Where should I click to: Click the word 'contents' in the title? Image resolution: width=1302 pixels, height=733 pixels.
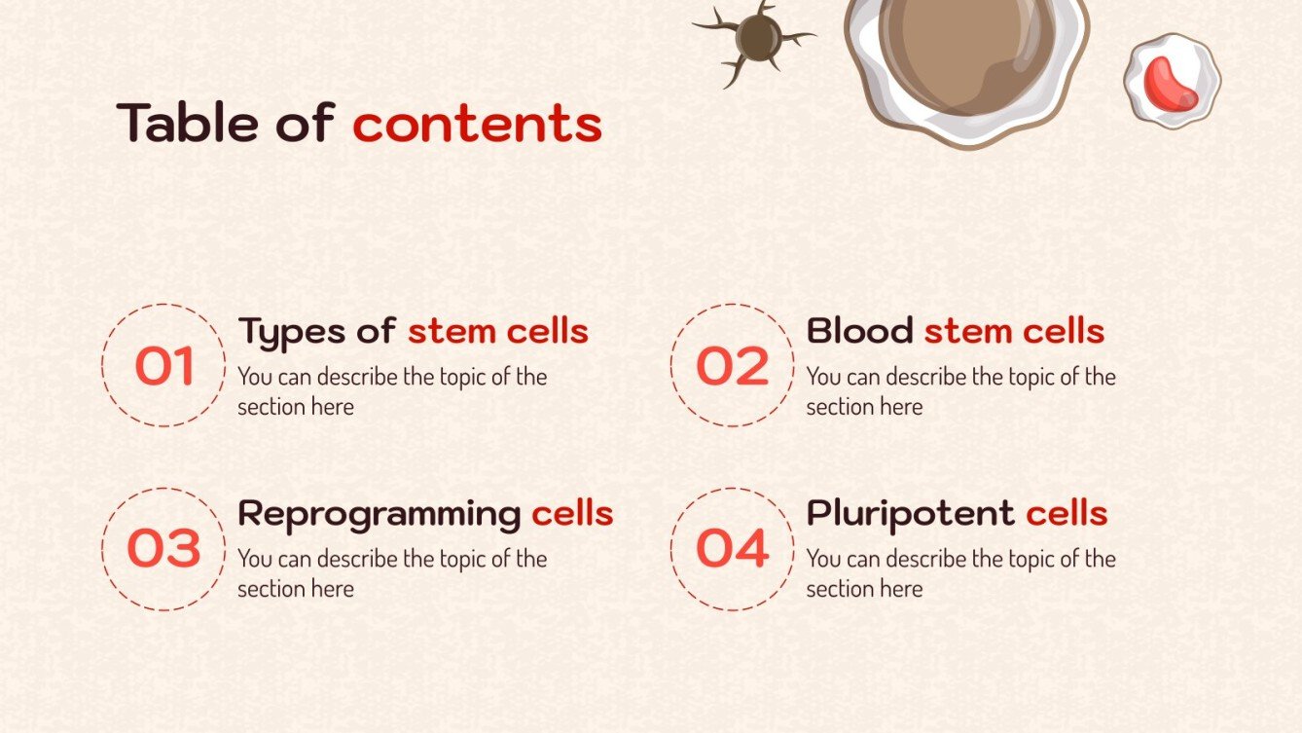click(x=477, y=125)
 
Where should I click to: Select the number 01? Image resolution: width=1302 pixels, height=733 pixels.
click(x=164, y=366)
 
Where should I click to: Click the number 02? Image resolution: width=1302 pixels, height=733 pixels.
click(x=732, y=366)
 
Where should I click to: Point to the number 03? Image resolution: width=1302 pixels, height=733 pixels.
click(x=163, y=549)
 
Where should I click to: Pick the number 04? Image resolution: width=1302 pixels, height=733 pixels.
click(x=732, y=549)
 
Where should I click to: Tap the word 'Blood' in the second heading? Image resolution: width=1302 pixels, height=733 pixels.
click(x=860, y=331)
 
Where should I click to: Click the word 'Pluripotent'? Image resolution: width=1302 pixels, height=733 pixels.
click(x=910, y=514)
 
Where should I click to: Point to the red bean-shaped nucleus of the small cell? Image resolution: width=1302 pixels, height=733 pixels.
click(x=1171, y=83)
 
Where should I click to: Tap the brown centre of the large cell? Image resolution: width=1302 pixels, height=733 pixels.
click(x=963, y=49)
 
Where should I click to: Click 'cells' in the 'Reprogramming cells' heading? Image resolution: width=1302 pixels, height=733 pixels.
click(x=572, y=514)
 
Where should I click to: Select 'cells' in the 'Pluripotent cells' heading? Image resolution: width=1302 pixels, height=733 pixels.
click(x=1067, y=514)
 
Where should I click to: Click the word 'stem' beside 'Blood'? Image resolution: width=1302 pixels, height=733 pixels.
click(x=962, y=332)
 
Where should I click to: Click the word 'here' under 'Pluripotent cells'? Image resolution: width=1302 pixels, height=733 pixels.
click(x=902, y=589)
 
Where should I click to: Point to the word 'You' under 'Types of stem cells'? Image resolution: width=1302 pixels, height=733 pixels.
click(x=255, y=378)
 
